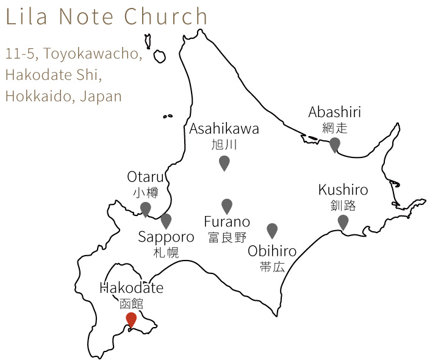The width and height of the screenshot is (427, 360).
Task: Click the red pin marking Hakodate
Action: point(131,319)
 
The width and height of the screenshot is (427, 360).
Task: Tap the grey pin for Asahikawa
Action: point(224,162)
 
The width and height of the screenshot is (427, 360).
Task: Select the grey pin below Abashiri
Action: point(334,145)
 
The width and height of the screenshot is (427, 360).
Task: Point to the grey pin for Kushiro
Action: point(343,222)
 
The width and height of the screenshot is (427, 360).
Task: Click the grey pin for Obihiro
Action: point(272,230)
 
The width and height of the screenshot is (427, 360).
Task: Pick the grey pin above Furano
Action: point(227,206)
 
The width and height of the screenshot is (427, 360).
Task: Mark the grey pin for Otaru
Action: point(145,209)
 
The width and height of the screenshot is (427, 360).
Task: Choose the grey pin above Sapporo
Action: point(166,221)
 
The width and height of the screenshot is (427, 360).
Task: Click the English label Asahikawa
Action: point(224,129)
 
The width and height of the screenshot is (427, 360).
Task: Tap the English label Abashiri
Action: point(334,112)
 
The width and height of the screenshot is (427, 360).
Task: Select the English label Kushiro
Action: point(343,190)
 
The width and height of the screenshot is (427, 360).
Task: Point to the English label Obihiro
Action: point(272,251)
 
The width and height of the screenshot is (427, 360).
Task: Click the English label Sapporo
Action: point(166,237)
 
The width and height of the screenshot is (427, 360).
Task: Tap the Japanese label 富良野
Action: point(227,237)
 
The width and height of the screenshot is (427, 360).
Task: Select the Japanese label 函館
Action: point(131,303)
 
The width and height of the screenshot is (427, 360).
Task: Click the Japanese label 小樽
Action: point(145,193)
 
